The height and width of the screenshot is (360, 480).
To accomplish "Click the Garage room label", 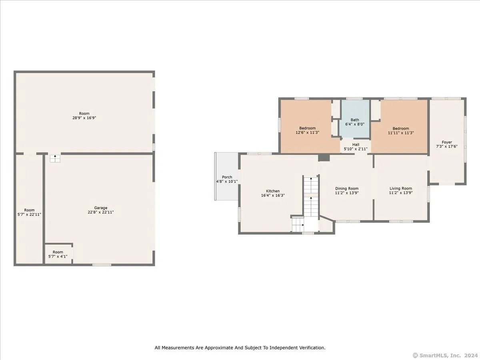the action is pyautogui.click(x=100, y=208).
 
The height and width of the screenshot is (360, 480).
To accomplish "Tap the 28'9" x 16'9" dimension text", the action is pyautogui.click(x=84, y=118).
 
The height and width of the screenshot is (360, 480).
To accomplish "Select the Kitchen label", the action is pyautogui.click(x=273, y=191).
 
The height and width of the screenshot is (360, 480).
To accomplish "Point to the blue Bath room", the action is pyautogui.click(x=354, y=119).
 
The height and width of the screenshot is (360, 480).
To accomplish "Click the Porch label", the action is pyautogui.click(x=227, y=177).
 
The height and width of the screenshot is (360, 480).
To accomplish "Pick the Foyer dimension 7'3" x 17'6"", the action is pyautogui.click(x=447, y=146).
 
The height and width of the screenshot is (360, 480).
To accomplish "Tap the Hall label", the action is pyautogui.click(x=356, y=144).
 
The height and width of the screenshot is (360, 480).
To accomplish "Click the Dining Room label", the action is pyautogui.click(x=347, y=188).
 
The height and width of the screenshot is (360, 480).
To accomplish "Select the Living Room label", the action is pyautogui.click(x=401, y=188).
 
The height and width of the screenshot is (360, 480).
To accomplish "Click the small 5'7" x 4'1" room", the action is pyautogui.click(x=58, y=254).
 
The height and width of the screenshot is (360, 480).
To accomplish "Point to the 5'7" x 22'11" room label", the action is pyautogui.click(x=29, y=212).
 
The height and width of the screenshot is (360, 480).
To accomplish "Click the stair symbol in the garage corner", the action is pyautogui.click(x=55, y=158).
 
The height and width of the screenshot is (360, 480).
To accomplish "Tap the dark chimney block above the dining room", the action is pyautogui.click(x=324, y=157).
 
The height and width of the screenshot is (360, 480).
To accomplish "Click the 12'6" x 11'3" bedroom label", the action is pyautogui.click(x=308, y=130).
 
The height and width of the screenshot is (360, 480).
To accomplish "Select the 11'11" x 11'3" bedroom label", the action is pyautogui.click(x=401, y=130).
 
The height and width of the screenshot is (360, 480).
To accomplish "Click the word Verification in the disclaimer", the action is pyautogui.click(x=310, y=348).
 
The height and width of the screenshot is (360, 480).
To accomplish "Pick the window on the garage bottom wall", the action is pyautogui.click(x=102, y=265).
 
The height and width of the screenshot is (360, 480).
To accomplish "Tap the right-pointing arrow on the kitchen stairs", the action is pyautogui.click(x=303, y=225).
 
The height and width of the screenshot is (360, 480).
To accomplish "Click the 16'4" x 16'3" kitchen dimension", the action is pyautogui.click(x=273, y=195).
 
